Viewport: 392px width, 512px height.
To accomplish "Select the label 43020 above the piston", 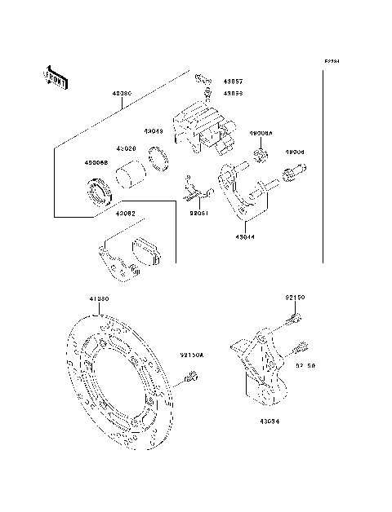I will (125, 149).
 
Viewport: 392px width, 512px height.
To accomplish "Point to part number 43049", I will (154, 130).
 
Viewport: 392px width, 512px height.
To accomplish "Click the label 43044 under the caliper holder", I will (244, 237).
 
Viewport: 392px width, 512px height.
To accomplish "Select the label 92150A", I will (216, 355).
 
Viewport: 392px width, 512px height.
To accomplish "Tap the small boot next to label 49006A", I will (260, 156).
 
